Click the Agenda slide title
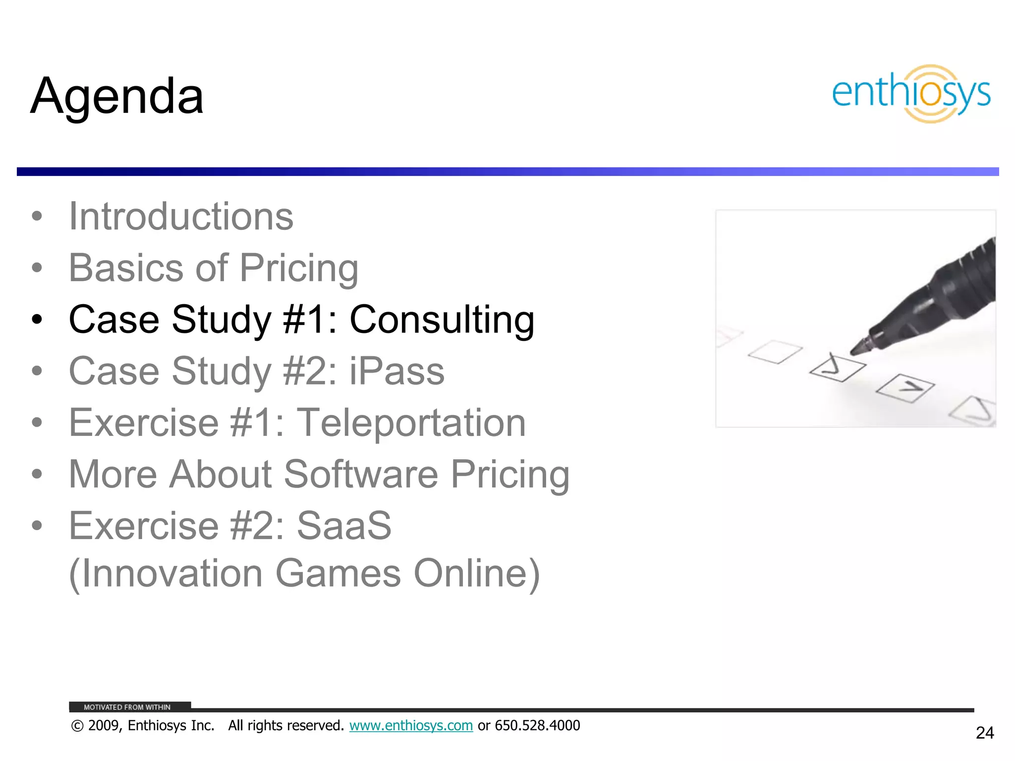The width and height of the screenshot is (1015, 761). [117, 96]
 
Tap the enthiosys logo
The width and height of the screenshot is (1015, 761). [911, 94]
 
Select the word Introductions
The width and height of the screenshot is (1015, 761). [181, 217]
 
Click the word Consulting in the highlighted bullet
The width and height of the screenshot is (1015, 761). [442, 320]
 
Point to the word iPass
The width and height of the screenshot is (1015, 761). [397, 371]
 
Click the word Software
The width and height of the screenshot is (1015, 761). [361, 474]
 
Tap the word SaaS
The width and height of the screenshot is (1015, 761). [344, 526]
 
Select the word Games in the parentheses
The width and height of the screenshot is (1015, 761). [338, 573]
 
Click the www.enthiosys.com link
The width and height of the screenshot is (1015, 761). [411, 725]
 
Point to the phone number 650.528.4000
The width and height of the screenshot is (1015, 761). [537, 725]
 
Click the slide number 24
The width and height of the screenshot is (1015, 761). [984, 733]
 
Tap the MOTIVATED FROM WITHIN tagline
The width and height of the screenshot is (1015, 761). [127, 707]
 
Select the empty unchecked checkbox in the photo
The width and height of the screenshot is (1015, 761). [775, 352]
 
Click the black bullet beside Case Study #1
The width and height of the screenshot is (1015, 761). [37, 320]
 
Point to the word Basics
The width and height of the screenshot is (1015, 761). [126, 268]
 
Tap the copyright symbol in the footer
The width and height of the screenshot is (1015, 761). [77, 726]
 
